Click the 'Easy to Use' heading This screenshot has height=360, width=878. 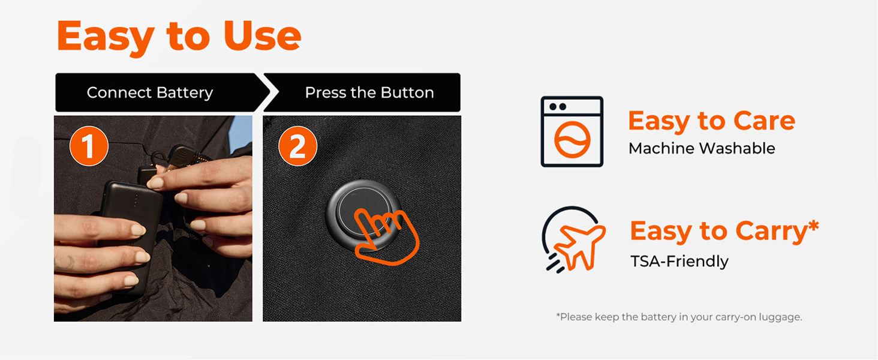pos(179,37)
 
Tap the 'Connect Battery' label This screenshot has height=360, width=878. pos(150,93)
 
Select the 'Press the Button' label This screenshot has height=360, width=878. pos(369,92)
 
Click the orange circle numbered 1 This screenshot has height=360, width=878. pos(89,146)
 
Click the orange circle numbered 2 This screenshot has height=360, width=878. pos(298,146)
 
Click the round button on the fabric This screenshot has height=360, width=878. pos(363,214)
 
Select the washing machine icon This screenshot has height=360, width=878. pos(572,132)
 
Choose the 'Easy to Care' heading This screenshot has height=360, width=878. pos(711,121)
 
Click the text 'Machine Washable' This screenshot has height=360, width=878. pos(702,149)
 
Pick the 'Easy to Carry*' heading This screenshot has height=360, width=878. pos(724,232)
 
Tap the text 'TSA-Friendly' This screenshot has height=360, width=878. pos(679,261)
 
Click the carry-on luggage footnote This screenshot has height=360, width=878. pos(679,317)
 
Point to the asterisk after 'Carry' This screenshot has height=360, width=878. pos(813,225)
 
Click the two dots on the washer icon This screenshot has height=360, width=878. pos(558,107)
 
